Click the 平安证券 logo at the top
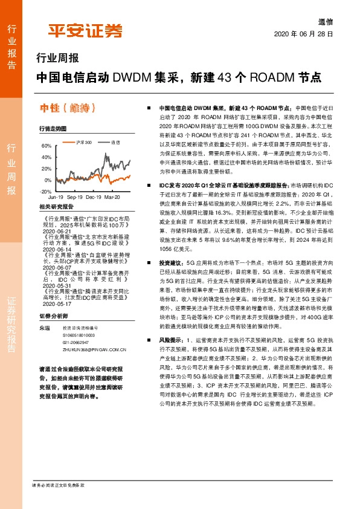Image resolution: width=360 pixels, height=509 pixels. tap(85, 30)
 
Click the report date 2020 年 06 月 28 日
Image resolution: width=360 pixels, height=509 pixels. tap(304, 34)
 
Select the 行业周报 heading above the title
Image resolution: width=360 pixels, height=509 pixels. tap(58, 59)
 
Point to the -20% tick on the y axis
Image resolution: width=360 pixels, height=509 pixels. tap(47, 192)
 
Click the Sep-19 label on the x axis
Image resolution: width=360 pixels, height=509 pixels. tap(75, 198)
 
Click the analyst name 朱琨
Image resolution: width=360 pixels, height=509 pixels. tap(44, 327)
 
